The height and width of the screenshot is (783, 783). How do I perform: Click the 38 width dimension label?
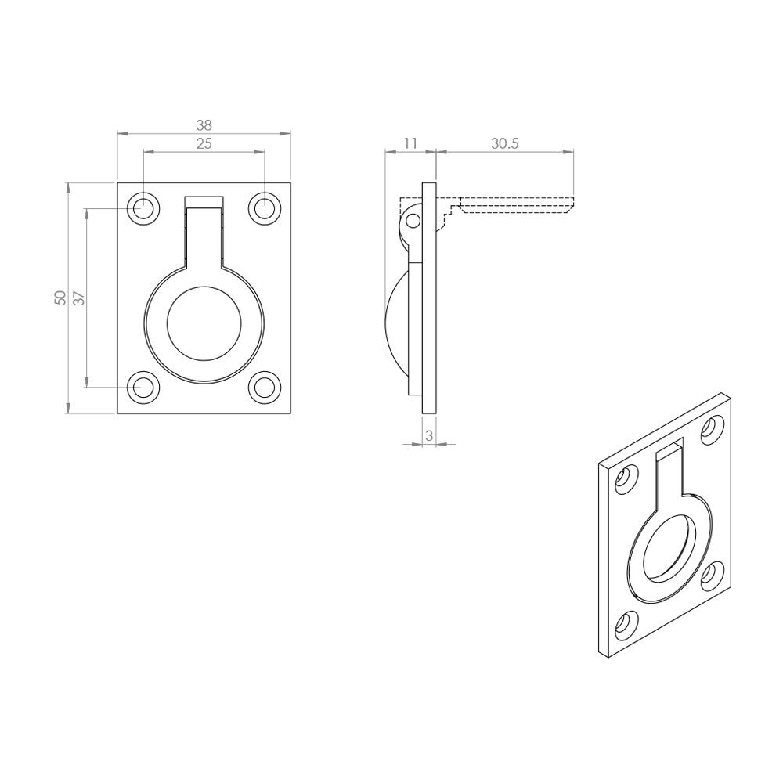204,124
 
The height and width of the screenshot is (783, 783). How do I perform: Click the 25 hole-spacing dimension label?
204,143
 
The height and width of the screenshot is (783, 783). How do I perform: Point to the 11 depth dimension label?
409,143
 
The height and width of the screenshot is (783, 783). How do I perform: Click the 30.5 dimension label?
505,143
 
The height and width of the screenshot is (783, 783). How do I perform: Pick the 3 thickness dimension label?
428,435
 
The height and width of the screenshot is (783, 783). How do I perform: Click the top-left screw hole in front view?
143,209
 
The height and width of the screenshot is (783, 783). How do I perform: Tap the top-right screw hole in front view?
265,209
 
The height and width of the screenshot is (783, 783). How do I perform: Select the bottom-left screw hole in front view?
143,387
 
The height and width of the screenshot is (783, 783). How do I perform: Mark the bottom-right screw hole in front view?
265,387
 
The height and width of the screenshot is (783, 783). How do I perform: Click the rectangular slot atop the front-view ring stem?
204,202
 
